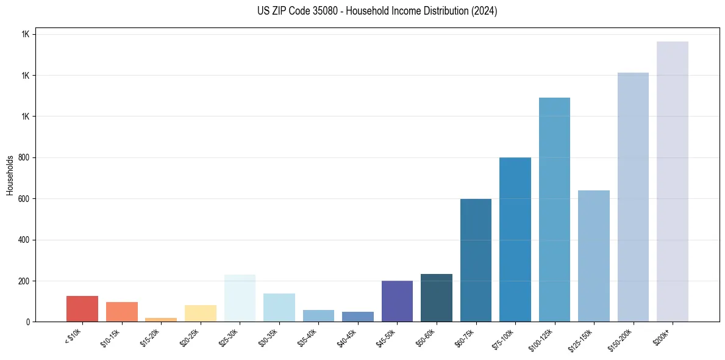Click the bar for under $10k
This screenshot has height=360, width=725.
[82, 309]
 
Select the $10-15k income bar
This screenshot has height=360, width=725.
[122, 312]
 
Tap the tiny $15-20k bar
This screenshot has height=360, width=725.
[161, 319]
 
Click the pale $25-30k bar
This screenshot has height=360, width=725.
[240, 298]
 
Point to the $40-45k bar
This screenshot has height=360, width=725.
[358, 317]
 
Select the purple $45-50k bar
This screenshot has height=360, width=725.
[397, 301]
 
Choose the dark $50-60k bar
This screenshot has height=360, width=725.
[437, 298]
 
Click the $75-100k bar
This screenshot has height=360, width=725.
[515, 239]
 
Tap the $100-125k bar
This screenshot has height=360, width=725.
[554, 209]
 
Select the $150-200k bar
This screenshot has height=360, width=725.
[633, 197]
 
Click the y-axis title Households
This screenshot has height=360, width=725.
[10, 175]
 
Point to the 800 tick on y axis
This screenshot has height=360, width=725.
[23, 157]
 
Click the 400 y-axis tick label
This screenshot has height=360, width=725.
[23, 240]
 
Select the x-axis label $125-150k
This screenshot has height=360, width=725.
[584, 339]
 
